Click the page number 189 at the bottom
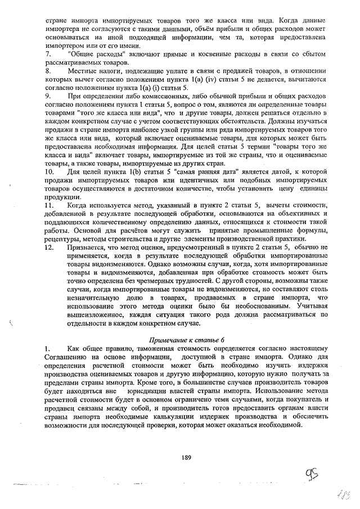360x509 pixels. [x=187, y=457]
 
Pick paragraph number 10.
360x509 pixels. [x=49, y=171]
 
